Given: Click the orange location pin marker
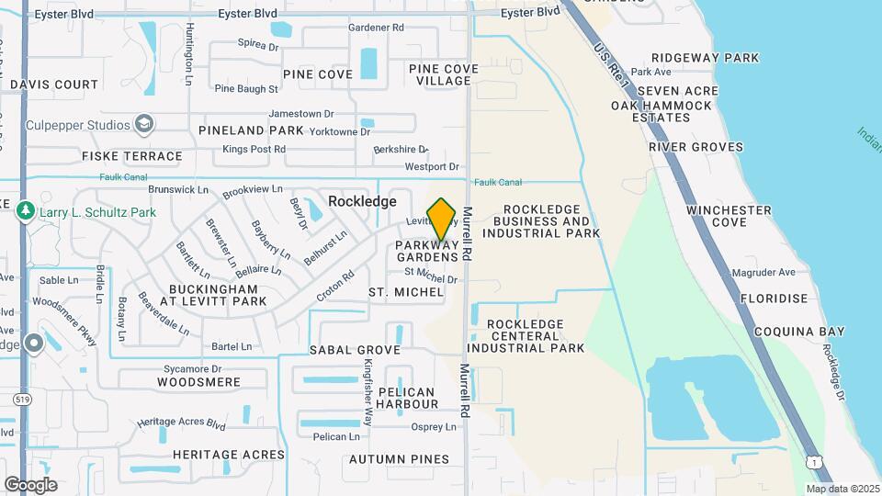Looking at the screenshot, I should (442, 220).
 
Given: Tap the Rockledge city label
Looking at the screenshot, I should (363, 201).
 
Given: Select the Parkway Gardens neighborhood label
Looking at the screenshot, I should (426, 251).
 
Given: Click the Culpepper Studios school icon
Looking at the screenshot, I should (143, 124).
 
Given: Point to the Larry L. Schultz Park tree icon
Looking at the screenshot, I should (25, 211).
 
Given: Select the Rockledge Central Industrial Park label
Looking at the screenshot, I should (526, 336).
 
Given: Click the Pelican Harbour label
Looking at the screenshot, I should (408, 398).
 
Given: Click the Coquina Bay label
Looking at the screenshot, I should (793, 332).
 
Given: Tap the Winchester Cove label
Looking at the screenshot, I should (729, 216).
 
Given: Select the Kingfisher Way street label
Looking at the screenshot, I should (367, 389).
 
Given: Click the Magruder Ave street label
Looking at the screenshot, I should (763, 273).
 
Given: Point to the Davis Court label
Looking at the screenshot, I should (54, 85).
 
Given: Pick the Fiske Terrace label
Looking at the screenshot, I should (132, 156).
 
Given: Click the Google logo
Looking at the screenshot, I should (30, 485).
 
